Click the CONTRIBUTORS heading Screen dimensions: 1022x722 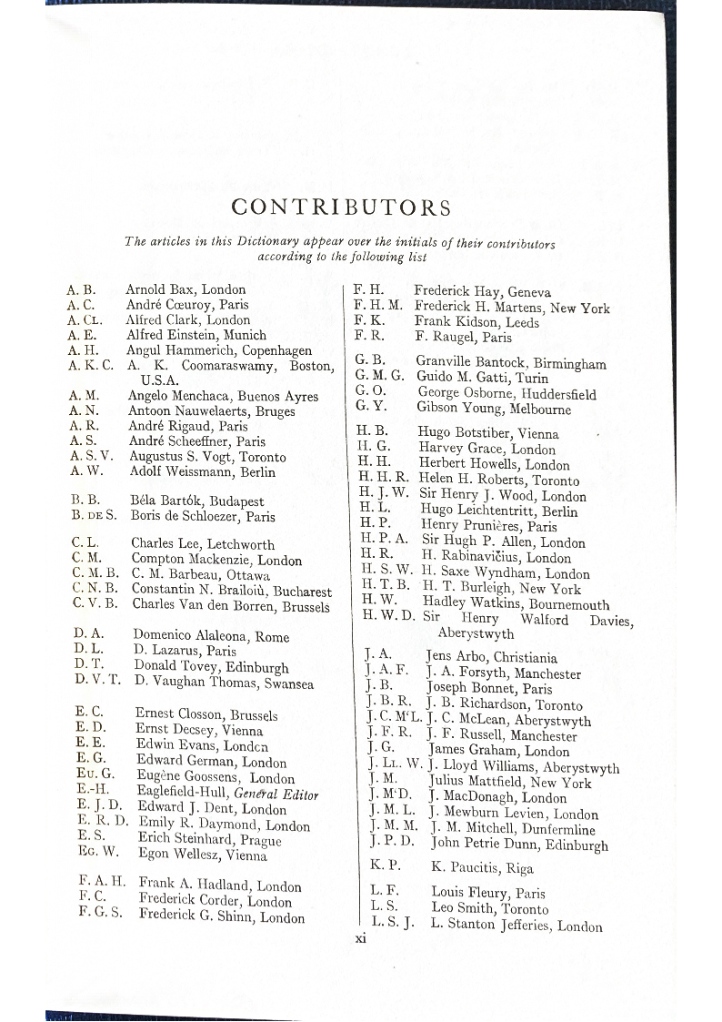click(341, 207)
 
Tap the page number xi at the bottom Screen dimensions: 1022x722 click(360, 939)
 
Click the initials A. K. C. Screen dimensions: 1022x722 click(90, 366)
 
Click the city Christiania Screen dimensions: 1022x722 click(526, 658)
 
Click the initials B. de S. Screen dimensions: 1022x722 click(95, 516)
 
